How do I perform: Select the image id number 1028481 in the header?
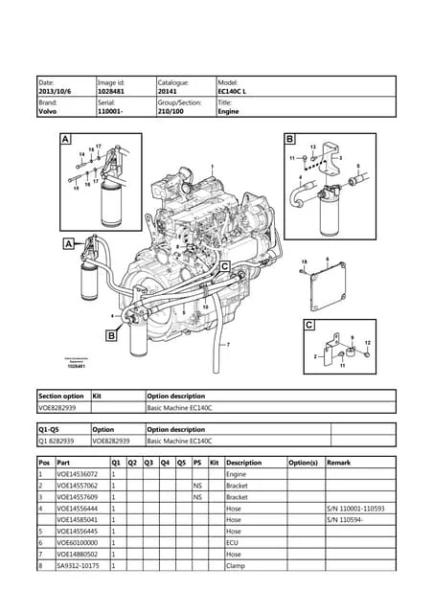[112, 91]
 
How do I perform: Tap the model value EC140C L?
[233, 91]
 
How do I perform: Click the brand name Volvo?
[47, 111]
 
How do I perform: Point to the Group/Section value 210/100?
[172, 111]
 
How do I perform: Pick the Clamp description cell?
[236, 566]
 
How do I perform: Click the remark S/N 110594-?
[346, 520]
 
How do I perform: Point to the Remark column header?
[338, 462]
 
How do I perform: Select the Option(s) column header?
[303, 462]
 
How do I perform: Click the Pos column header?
[44, 462]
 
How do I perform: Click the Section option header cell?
[61, 395]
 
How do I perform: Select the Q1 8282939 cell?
[56, 442]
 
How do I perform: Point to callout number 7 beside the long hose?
[228, 344]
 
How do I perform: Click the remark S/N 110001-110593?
[355, 509]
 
